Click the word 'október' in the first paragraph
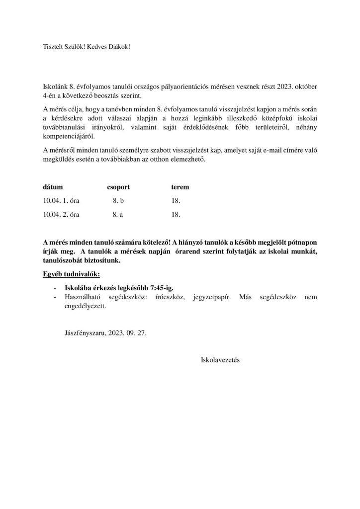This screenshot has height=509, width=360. click(304, 86)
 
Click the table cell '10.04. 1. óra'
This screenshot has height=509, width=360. click(62, 201)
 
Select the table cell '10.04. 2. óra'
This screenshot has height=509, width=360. click(62, 215)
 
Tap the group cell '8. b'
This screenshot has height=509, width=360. click(118, 201)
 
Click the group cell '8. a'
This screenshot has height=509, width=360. click(118, 215)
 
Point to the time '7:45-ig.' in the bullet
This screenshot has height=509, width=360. click(162, 288)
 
